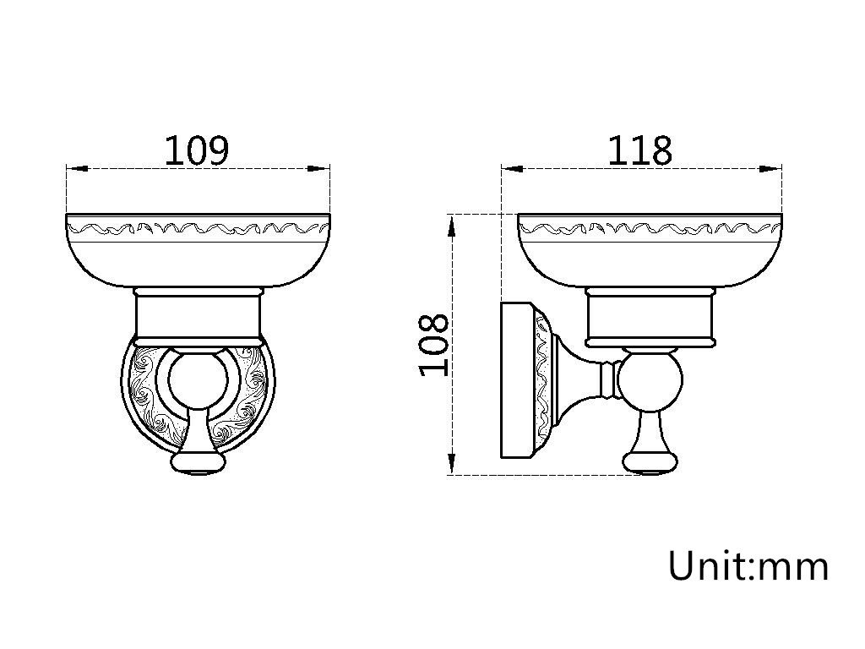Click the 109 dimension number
pos(196,150)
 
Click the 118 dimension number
pos(640,150)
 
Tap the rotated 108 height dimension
pos(434,345)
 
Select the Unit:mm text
pos(748,565)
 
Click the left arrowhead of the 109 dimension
pos(77,168)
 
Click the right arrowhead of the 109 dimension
pos(318,168)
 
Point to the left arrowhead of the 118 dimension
pos(512,169)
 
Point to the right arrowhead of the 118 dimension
pos(770,169)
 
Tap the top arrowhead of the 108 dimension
pos(451,227)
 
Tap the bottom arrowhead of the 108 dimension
pos(451,464)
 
